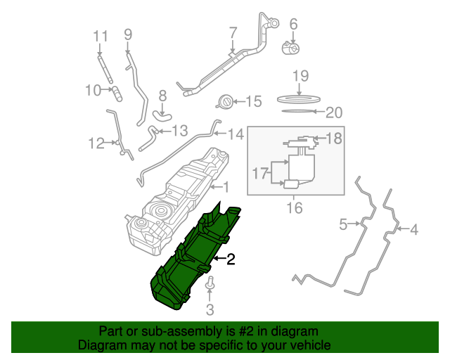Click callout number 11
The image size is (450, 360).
[101, 37]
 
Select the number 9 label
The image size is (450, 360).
[128, 34]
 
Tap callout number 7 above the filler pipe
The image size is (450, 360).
[233, 32]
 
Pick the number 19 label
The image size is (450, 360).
[300, 76]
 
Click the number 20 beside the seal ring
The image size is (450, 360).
[334, 112]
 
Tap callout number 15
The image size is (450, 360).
[252, 102]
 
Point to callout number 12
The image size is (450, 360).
[96, 143]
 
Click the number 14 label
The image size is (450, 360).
[235, 134]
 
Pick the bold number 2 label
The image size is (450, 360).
[230, 259]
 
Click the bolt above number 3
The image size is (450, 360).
[210, 285]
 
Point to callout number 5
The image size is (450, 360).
[343, 225]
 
